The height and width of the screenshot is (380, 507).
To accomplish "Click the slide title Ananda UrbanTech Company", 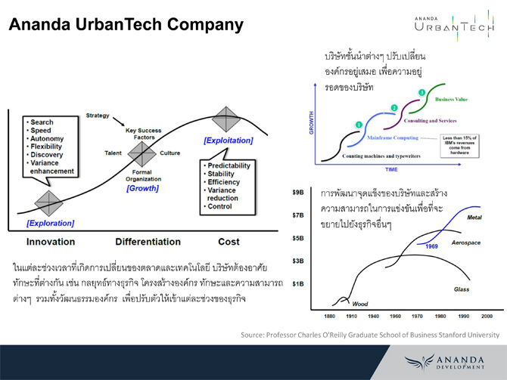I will click(126, 25).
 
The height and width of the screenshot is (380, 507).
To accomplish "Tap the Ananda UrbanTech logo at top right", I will click(454, 26).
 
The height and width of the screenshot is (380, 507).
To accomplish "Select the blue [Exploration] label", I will click(50, 223).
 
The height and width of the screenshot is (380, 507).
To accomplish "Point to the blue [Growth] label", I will click(142, 188).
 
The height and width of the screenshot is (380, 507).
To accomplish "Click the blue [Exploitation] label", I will click(229, 141).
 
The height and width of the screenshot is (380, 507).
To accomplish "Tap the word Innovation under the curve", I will click(51, 242).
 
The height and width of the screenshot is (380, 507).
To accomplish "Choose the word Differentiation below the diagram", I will click(148, 242).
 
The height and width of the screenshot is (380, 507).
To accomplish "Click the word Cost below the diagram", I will click(228, 242).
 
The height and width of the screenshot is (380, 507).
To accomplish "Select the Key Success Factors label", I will click(143, 134).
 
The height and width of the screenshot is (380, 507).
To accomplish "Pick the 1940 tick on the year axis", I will click(373, 315).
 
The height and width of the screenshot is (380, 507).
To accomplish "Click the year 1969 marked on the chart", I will click(432, 246).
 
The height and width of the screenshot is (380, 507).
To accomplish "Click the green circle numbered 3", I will click(421, 92).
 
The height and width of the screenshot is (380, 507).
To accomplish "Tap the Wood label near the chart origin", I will click(360, 302).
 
